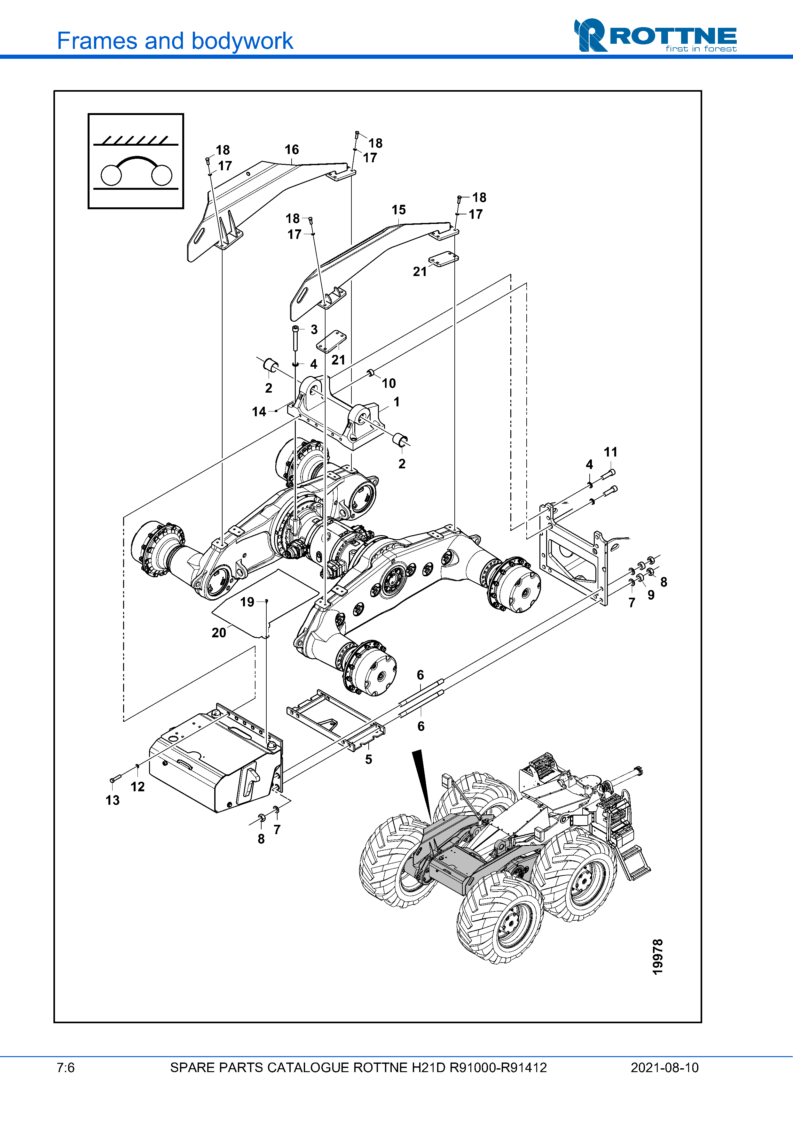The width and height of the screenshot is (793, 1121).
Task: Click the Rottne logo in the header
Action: (x=655, y=35)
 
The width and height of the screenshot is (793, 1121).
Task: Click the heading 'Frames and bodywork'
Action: (x=175, y=41)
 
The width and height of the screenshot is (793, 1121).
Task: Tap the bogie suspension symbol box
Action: (x=136, y=161)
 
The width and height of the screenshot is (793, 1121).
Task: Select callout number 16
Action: (x=292, y=150)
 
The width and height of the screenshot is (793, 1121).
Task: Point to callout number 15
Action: (x=399, y=210)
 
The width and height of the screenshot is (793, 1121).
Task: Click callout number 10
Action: (x=389, y=383)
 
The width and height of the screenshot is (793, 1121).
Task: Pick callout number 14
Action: (x=259, y=411)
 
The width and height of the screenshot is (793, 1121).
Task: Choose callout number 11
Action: (x=611, y=452)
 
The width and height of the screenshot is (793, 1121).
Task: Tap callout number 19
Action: (x=247, y=602)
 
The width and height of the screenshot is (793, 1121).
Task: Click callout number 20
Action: (x=219, y=633)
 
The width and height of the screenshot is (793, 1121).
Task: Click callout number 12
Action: (x=138, y=787)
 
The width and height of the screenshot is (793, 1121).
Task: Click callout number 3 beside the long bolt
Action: (x=314, y=330)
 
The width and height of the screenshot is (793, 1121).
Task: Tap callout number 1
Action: (x=397, y=402)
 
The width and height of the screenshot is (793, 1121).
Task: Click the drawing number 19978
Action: (x=658, y=957)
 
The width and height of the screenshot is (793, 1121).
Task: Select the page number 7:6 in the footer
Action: (x=66, y=1068)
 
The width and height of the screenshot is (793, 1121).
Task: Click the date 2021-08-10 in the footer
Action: (x=664, y=1068)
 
